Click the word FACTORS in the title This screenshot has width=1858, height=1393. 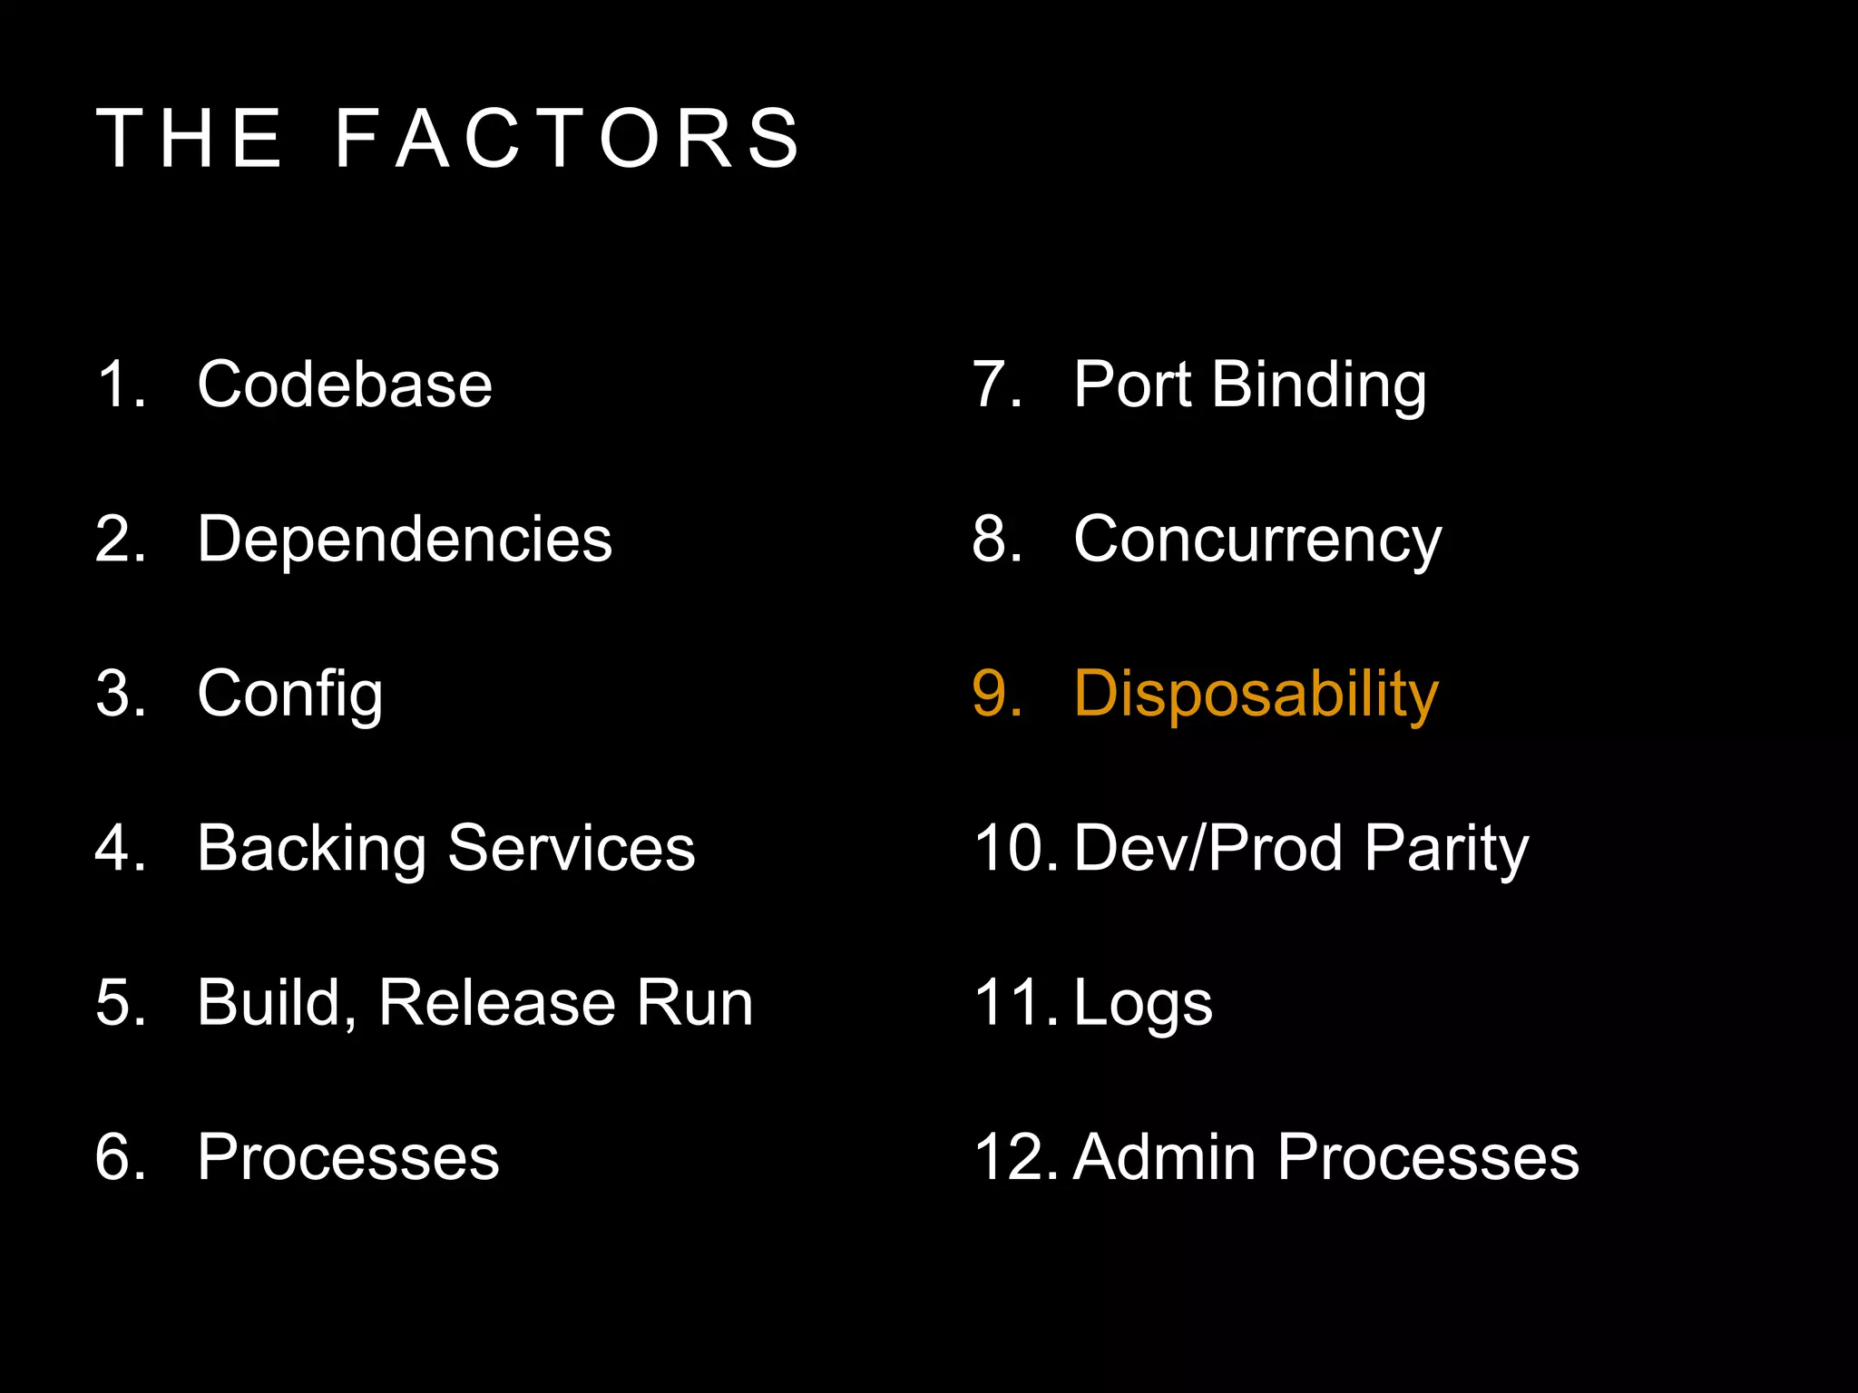coord(568,139)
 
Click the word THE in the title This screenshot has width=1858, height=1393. coord(190,139)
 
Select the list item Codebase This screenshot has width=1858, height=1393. coord(345,385)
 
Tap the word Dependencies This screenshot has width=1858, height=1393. coord(405,540)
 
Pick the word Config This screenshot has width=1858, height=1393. coord(290,695)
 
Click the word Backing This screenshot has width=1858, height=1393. coord(311,849)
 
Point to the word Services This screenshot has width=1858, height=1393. coord(572,849)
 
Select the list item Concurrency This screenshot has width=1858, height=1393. coord(1257,540)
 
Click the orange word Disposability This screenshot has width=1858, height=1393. coord(1257,695)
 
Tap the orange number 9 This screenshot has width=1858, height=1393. coord(994,695)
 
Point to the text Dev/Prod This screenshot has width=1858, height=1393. coord(1208,849)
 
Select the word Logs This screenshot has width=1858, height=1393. coord(1143,1003)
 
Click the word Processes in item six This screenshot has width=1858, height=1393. coord(348,1158)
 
